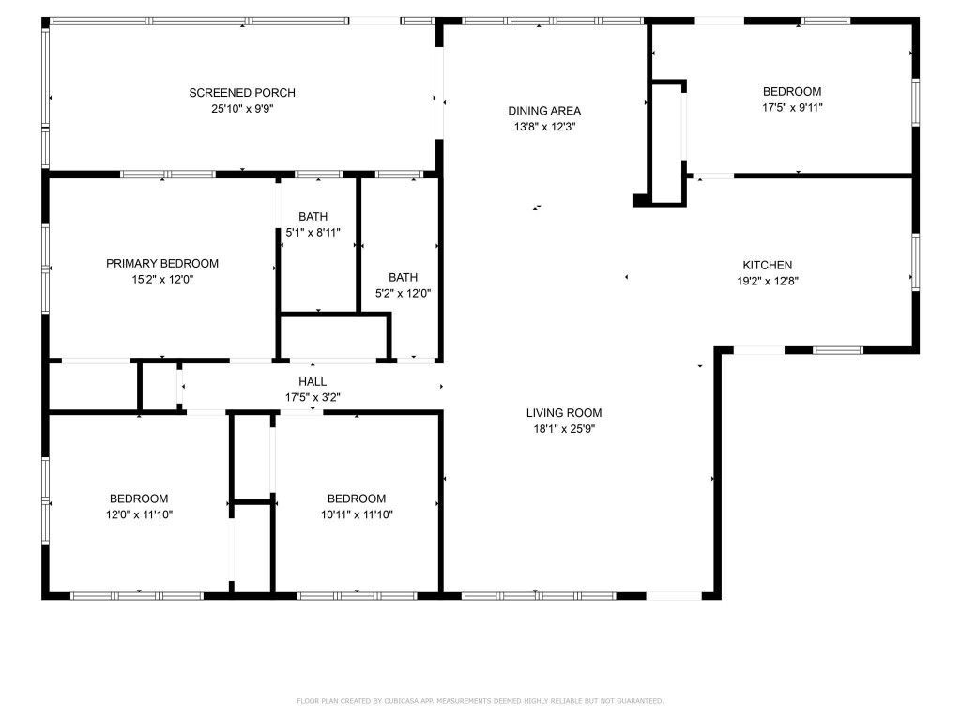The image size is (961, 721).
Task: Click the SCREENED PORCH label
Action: (x=242, y=92)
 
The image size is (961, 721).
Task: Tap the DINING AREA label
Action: (x=544, y=110)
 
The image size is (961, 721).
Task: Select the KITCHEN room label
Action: (x=768, y=265)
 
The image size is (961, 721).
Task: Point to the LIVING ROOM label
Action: (x=563, y=412)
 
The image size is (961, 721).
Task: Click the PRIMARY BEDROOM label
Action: (x=162, y=263)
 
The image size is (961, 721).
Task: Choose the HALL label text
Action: (x=313, y=381)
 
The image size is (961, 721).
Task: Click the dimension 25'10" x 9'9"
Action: (x=242, y=108)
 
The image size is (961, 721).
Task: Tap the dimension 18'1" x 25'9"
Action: (x=563, y=428)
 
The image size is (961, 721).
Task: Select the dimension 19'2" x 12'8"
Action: (x=768, y=280)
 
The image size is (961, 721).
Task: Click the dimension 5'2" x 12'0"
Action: (x=404, y=292)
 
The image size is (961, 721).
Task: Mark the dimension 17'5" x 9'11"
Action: (x=791, y=107)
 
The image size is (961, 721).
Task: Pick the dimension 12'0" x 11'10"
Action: (x=139, y=514)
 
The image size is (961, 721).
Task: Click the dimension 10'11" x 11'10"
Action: (x=356, y=514)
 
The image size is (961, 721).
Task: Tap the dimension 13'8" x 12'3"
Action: (x=544, y=126)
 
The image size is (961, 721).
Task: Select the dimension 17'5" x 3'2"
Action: (x=313, y=396)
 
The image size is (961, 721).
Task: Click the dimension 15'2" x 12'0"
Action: (x=162, y=279)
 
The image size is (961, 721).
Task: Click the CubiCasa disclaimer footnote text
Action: (x=480, y=700)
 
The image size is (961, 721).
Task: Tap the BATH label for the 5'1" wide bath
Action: (x=313, y=216)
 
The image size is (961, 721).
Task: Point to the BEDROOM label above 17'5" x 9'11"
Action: (x=791, y=91)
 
